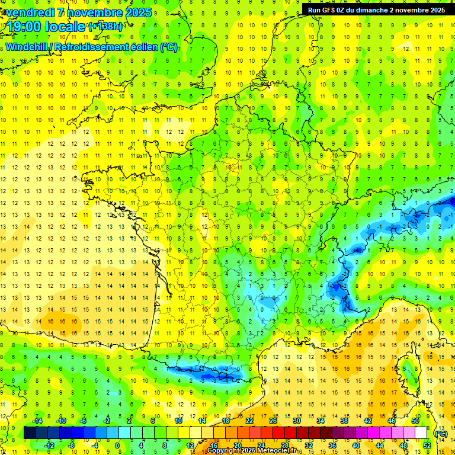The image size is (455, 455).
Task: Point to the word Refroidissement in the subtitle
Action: click(x=90, y=47)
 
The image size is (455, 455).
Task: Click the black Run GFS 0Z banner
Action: click(x=376, y=9)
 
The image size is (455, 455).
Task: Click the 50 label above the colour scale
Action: click(x=415, y=421)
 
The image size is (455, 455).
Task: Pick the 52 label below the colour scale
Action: click(x=427, y=446)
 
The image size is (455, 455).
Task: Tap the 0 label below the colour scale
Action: click(x=117, y=446)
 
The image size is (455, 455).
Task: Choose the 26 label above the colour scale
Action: click(x=273, y=421)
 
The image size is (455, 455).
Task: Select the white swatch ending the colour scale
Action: click(x=421, y=433)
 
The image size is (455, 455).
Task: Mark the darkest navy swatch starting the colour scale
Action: click(x=30, y=433)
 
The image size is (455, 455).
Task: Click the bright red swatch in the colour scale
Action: click(x=278, y=433)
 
